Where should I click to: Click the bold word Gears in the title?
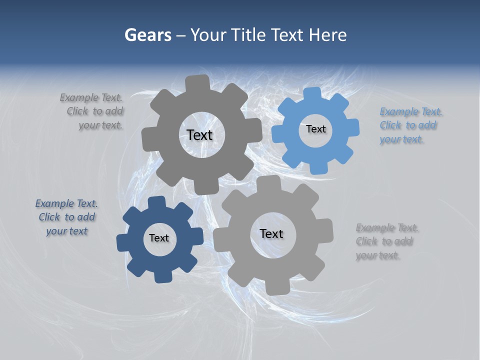point(147,35)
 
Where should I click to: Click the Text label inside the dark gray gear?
point(199,135)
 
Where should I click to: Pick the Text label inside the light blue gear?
point(315,129)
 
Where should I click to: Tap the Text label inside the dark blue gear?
point(159,238)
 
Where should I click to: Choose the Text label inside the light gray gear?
point(271,233)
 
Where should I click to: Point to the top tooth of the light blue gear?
point(312,94)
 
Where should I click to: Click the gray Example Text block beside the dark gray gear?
point(93,111)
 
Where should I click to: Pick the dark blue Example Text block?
point(66,217)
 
